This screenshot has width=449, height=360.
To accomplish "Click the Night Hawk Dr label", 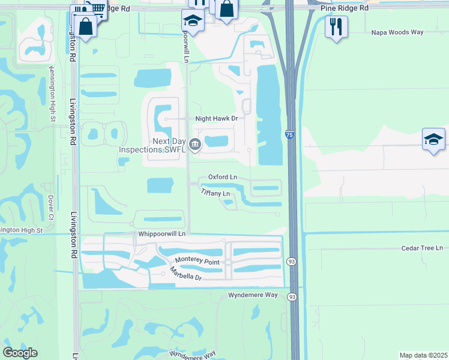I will (217, 119).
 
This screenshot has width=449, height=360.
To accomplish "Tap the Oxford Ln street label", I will (222, 177).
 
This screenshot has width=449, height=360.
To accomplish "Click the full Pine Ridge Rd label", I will (345, 9).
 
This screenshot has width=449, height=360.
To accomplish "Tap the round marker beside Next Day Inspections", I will (195, 144).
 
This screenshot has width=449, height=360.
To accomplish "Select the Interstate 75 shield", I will (290, 136).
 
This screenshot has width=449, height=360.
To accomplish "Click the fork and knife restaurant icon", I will (336, 26).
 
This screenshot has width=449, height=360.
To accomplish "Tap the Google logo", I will (20, 353).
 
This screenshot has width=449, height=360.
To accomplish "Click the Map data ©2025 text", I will (423, 355).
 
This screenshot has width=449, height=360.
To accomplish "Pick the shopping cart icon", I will (95, 7).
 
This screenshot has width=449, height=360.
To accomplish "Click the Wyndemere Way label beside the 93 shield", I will (253, 295).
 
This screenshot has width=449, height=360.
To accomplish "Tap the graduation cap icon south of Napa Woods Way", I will (433, 139).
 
